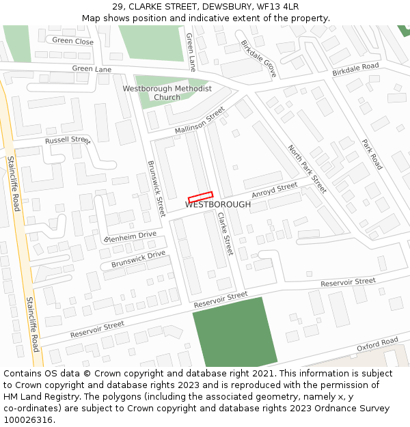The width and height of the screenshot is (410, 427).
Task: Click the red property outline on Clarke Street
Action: [x=201, y=196]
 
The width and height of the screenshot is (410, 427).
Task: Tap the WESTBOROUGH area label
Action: [x=218, y=204]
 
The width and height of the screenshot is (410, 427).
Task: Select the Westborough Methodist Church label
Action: [x=167, y=93]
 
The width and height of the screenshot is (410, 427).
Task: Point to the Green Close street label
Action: [x=72, y=41]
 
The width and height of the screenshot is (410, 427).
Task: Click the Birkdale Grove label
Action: [x=258, y=57]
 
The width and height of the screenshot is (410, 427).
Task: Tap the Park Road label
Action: [x=372, y=154]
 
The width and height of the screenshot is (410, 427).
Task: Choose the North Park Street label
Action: [x=307, y=169]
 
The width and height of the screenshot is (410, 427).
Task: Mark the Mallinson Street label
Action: [x=200, y=120]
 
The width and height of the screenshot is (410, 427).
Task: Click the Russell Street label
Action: [x=68, y=140]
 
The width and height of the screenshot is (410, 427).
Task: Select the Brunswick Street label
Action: [x=156, y=189]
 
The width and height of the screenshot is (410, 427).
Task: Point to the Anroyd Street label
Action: [x=275, y=190]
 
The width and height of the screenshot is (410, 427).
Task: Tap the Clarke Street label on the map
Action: [x=225, y=234]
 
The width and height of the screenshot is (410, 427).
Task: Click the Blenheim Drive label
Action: [x=130, y=237]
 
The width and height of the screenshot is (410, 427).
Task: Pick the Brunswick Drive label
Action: [x=139, y=259]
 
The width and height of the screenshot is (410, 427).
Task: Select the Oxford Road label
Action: [x=377, y=344]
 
